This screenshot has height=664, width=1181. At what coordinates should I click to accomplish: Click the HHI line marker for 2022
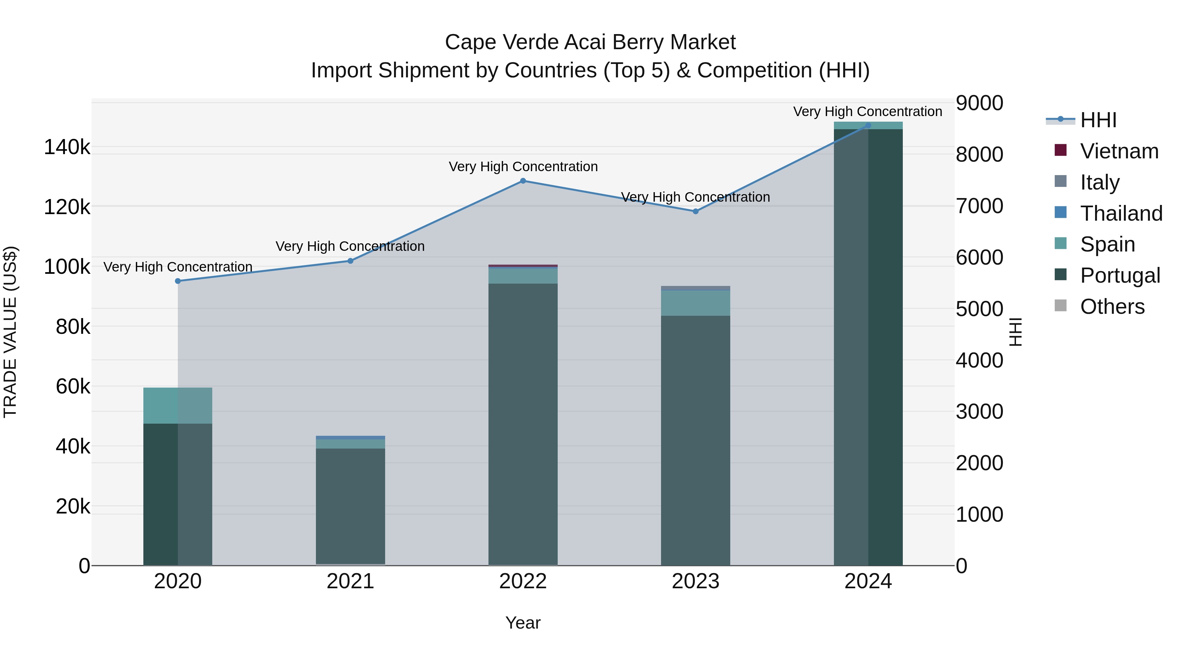[523, 181]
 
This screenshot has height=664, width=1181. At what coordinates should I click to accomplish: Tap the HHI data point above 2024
[868, 126]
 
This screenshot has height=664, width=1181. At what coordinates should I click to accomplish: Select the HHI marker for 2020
[178, 281]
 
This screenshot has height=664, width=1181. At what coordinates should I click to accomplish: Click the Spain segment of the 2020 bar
[178, 406]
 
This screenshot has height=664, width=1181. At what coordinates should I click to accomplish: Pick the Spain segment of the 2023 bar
[695, 303]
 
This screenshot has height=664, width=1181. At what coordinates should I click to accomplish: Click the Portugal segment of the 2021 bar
[350, 506]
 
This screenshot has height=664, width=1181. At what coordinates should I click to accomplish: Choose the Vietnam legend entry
[1119, 151]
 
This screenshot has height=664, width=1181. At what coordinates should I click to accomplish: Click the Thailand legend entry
[1121, 213]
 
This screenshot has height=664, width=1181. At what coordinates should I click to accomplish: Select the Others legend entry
[1112, 307]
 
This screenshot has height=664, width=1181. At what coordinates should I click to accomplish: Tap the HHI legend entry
[1098, 120]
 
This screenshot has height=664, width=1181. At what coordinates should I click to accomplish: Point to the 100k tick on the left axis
[67, 267]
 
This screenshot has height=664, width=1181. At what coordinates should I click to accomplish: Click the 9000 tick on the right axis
[979, 103]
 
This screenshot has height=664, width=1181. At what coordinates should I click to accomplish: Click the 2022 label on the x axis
[523, 581]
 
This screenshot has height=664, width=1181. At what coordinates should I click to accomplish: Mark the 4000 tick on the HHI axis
[979, 361]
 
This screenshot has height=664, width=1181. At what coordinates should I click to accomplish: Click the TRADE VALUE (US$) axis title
[10, 332]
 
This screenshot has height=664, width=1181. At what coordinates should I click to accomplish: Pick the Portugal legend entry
[1120, 275]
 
